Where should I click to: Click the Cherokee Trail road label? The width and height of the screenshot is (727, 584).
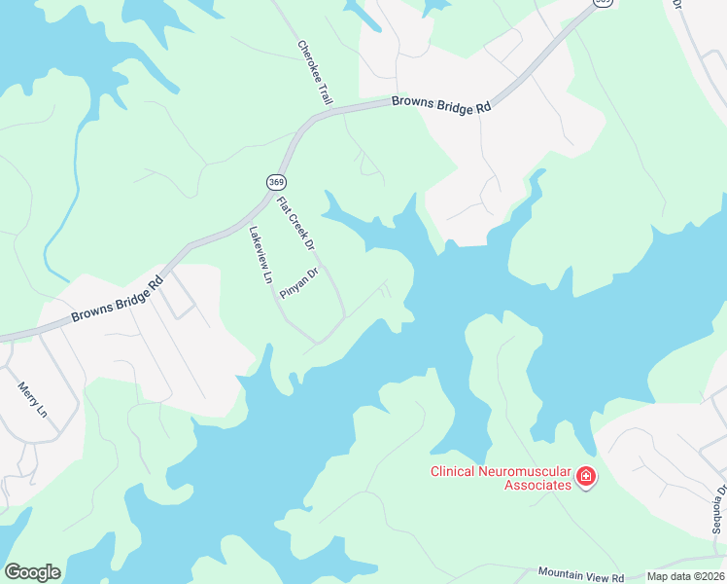(315, 72)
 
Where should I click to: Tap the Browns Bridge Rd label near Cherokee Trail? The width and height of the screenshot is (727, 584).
(441, 105)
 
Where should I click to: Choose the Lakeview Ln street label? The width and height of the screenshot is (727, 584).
(260, 255)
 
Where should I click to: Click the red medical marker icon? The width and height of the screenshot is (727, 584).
(585, 477)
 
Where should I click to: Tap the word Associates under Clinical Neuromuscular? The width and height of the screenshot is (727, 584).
(533, 485)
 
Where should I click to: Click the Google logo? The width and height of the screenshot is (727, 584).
(32, 572)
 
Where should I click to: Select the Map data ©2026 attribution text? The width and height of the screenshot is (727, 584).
(685, 576)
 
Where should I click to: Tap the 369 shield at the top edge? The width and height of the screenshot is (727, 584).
(603, 3)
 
